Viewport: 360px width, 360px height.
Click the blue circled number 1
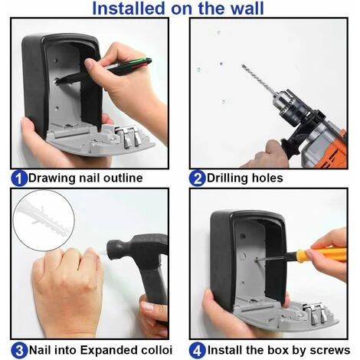(x=19, y=178)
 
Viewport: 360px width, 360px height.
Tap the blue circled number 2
(x=197, y=178)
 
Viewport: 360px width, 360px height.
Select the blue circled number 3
(x=19, y=351)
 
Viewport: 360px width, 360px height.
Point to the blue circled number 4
(x=197, y=351)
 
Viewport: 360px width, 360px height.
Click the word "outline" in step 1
(x=123, y=178)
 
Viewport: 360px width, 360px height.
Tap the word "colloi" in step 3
(x=156, y=350)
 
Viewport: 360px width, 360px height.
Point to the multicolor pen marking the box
(x=105, y=70)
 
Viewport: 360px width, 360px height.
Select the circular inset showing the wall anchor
(x=44, y=220)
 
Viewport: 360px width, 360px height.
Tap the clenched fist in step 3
(x=67, y=289)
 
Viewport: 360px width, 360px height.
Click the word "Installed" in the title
(x=129, y=8)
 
